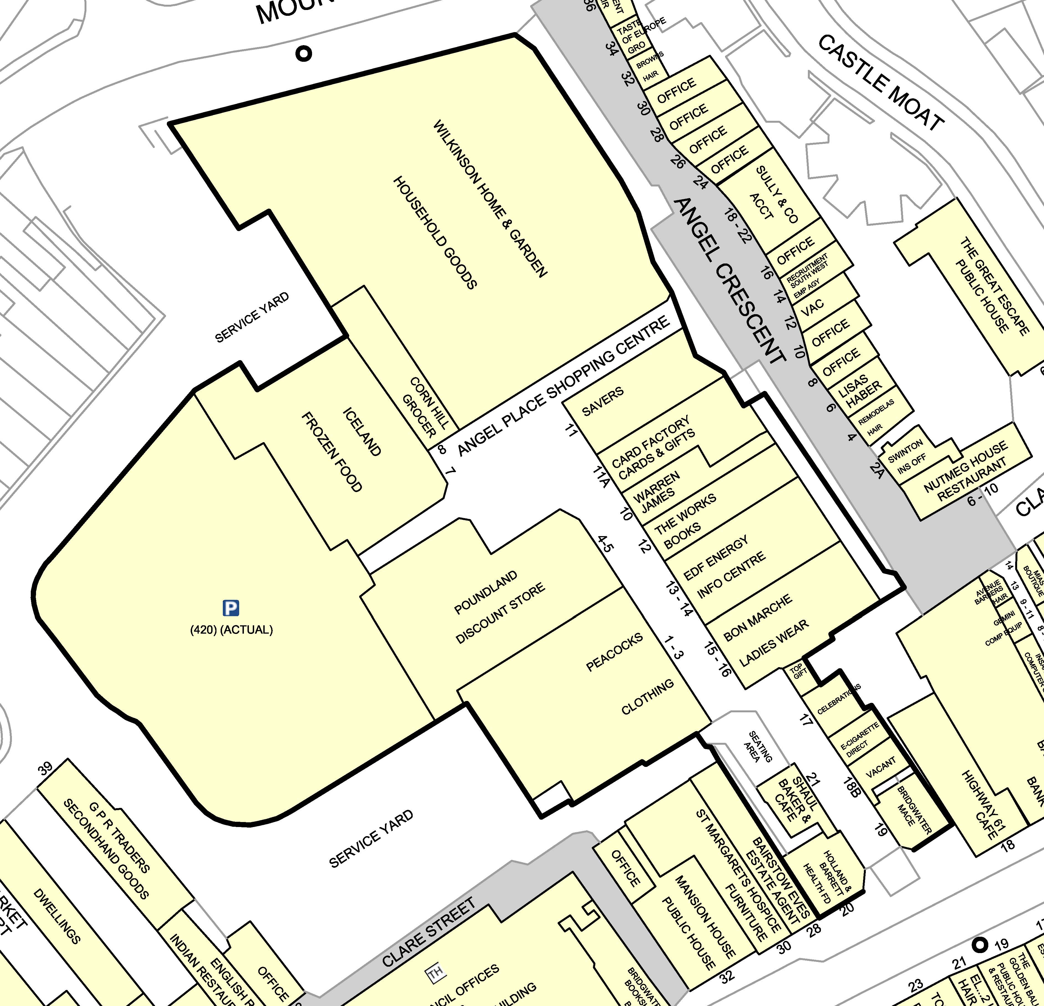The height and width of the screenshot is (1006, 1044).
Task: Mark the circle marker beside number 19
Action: [x=979, y=945]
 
